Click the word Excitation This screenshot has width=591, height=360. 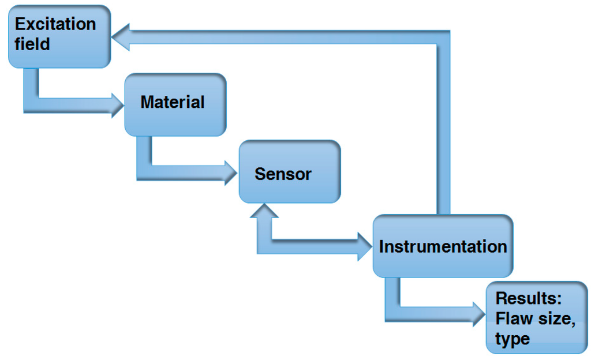pos(55,24)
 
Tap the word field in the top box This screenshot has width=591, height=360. pos(32,44)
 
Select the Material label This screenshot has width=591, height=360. pos(172,102)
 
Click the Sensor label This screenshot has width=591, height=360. pos(283,174)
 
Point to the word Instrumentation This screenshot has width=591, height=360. pos(443,246)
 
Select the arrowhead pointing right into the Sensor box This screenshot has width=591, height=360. pos(231,172)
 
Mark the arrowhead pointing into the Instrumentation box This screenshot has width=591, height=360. pos(365,245)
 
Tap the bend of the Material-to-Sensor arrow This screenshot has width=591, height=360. pos(145,171)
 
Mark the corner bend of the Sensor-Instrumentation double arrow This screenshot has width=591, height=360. pos(264,245)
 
